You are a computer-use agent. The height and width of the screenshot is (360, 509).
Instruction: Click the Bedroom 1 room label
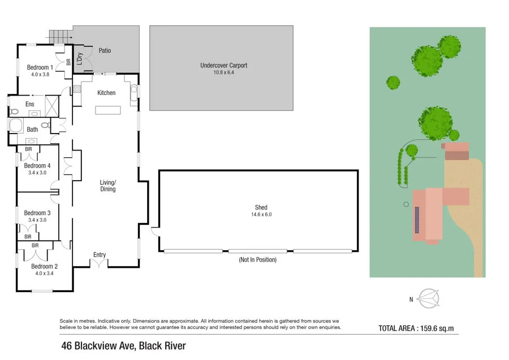[x=40, y=67]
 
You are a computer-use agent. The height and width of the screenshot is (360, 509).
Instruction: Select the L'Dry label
[x=80, y=58]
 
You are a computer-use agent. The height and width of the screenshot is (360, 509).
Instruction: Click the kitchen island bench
[x=108, y=109]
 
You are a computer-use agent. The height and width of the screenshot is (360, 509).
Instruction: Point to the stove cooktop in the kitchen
[x=77, y=89]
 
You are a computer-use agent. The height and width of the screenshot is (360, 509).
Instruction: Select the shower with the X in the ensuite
[x=51, y=105]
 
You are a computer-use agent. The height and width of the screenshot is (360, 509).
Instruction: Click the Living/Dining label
[x=107, y=186]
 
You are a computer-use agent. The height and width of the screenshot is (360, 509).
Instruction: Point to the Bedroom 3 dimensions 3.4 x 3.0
[x=37, y=220]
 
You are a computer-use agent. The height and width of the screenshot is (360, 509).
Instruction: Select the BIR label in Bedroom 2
[x=35, y=246]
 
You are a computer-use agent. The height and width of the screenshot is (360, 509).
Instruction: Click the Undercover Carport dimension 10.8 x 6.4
[x=223, y=72]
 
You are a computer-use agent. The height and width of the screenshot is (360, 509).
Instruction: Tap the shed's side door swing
[x=156, y=231]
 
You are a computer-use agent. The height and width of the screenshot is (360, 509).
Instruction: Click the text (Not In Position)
[x=257, y=260]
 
